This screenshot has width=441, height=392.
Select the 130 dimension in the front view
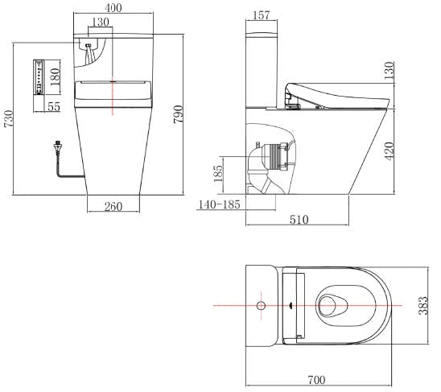point(101,22)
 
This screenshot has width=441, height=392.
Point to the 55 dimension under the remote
point(53,105)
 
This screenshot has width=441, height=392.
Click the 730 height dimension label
point(9,119)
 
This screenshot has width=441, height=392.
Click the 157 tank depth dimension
point(260,16)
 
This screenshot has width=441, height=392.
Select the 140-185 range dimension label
point(219,206)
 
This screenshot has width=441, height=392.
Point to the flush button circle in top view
point(260,306)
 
